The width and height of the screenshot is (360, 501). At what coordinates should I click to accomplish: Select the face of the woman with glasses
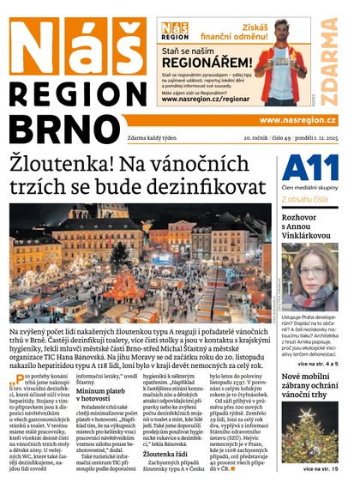(311, 279)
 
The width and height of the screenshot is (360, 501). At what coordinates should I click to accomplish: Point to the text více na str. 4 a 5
(319, 364)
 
